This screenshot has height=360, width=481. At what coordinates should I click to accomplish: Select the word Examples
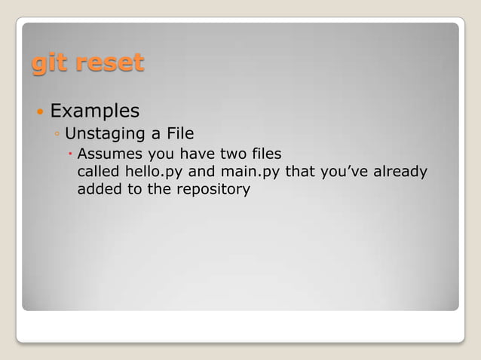[x=94, y=111]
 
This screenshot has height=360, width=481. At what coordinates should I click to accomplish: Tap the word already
[x=402, y=172]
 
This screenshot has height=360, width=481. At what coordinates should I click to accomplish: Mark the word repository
[x=213, y=190]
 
